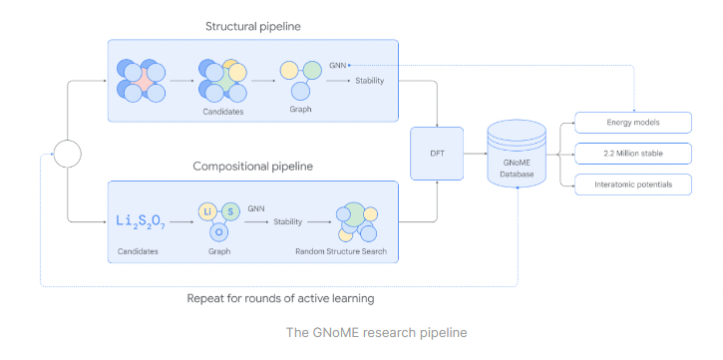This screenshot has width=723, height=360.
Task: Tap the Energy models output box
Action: [633, 123]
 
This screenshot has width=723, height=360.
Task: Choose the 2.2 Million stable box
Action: [633, 154]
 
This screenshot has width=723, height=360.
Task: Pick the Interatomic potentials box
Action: [633, 184]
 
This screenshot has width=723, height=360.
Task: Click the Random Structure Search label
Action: [341, 251]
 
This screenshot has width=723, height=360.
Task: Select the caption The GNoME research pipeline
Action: [361, 331]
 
